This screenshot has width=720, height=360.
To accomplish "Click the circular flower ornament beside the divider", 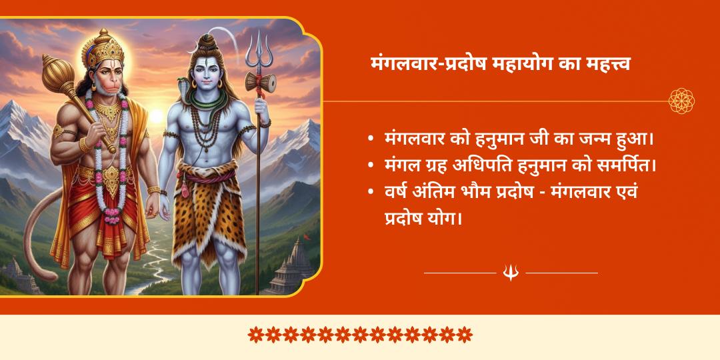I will coord(681,101).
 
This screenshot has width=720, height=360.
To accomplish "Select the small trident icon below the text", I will coord(511,272).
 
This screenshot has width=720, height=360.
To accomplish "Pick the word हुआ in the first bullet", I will coord(631,140).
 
